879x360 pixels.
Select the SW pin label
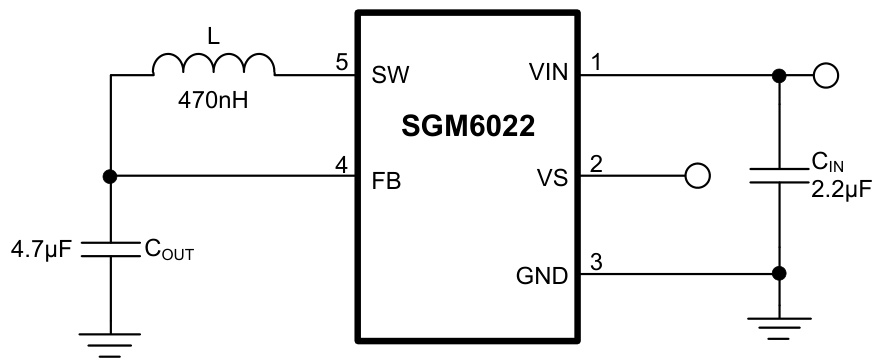(x=391, y=74)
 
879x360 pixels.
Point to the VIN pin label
(x=548, y=74)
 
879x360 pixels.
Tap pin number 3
(x=597, y=263)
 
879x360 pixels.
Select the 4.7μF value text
(x=42, y=248)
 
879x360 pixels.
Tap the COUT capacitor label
(x=168, y=250)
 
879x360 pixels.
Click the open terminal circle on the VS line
(x=697, y=176)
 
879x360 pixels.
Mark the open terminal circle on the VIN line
(x=825, y=74)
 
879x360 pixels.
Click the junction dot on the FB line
(x=110, y=176)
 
